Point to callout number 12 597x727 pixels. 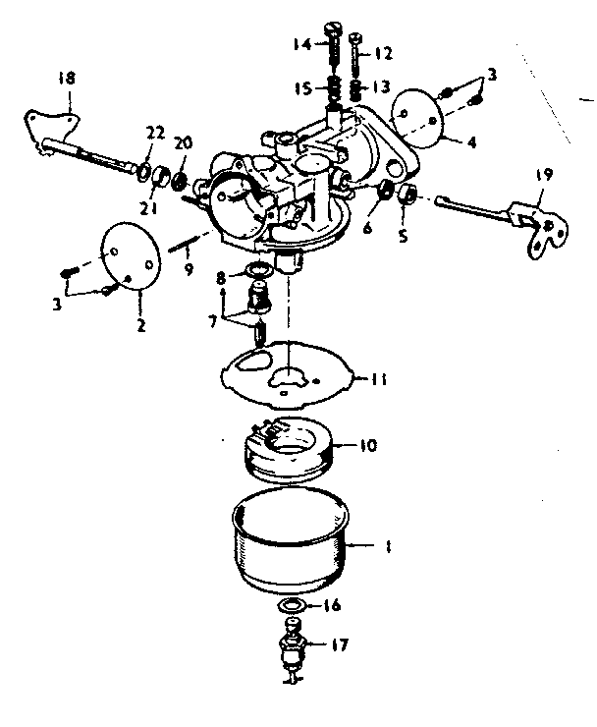(x=383, y=52)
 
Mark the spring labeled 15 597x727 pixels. (x=333, y=88)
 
